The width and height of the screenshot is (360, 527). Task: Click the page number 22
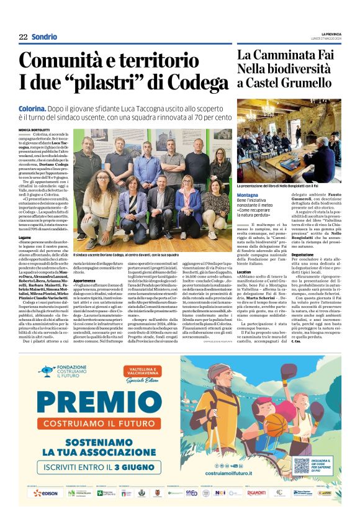pyautogui.click(x=23, y=37)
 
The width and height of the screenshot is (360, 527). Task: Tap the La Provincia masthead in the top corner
pyautogui.click(x=332, y=34)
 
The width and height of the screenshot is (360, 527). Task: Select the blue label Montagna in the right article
pyautogui.click(x=248, y=194)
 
